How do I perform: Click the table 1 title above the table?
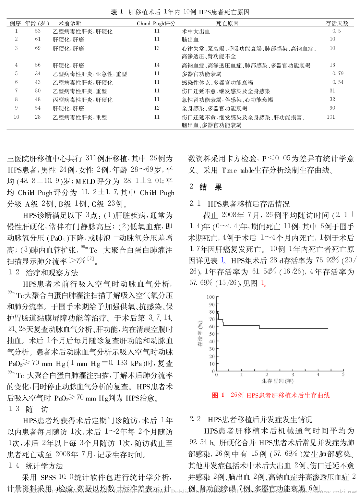pyautogui.click(x=180, y=12)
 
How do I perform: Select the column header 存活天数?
pyautogui.click(x=337, y=23)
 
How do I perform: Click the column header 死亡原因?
pyautogui.click(x=227, y=23)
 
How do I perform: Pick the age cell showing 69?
pyautogui.click(x=38, y=48)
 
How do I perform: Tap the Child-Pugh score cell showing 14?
pyautogui.click(x=157, y=65)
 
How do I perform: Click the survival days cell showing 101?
pyautogui.click(x=331, y=117)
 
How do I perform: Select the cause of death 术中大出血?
pyautogui.click(x=196, y=31)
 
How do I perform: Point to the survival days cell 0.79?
pyautogui.click(x=338, y=74)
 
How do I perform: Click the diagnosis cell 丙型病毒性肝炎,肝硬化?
pyautogui.click(x=83, y=100)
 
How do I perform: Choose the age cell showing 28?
pyautogui.click(x=38, y=117)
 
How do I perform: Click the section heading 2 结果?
pyautogui.click(x=206, y=187)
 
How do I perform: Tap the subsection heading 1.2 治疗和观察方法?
pyautogui.click(x=43, y=272)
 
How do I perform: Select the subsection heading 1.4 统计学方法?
pyautogui.click(x=36, y=466)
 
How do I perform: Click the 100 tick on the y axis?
pyautogui.click(x=210, y=297)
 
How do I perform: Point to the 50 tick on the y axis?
pyautogui.click(x=212, y=334)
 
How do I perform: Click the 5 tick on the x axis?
pyautogui.click(x=343, y=375)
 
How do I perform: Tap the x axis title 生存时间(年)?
pyautogui.click(x=278, y=381)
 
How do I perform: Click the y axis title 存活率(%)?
pyautogui.click(x=200, y=333)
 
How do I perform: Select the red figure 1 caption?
pyautogui.click(x=271, y=395)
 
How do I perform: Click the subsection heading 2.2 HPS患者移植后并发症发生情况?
pyautogui.click(x=251, y=419)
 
